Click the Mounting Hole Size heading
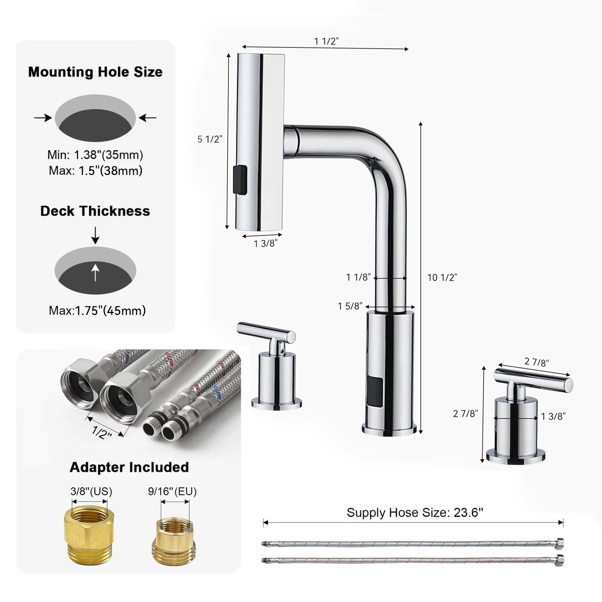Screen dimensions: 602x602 coord(95,72)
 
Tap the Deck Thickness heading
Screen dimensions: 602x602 coord(95,211)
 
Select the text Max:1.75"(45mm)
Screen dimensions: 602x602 coord(97,310)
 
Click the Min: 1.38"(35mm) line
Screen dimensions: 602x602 coord(95,155)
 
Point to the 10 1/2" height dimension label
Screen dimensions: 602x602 coord(442,278)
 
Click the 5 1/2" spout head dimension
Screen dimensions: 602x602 coord(210,139)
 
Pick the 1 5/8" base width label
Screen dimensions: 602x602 coord(350,306)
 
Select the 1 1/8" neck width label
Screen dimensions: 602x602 coord(359,277)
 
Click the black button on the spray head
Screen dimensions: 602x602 coord(240,180)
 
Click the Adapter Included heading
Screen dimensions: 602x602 coord(129,467)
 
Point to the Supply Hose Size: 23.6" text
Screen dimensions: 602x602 coord(415,512)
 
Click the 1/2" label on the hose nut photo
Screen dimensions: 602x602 coord(102,433)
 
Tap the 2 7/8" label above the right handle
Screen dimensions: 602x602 coord(537,362)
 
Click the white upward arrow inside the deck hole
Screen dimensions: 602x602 coord(95,272)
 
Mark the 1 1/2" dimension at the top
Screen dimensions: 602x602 coord(327,41)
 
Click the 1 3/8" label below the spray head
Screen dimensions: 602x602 coord(265,244)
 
